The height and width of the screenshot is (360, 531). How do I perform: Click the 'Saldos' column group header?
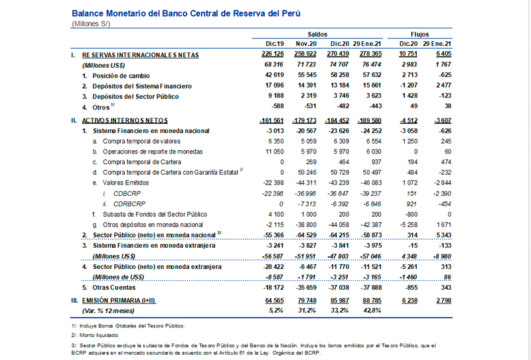point(317,35)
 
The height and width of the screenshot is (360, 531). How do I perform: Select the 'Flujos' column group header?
point(419,35)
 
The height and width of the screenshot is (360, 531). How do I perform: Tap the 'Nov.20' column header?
point(306,44)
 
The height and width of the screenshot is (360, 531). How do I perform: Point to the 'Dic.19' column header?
point(275,44)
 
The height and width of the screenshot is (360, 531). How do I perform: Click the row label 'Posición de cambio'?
point(121,76)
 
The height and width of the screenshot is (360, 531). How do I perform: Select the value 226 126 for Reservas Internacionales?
point(273,54)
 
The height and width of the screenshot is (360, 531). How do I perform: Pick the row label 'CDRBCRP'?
point(129,204)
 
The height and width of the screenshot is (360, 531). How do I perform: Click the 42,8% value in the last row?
point(372,310)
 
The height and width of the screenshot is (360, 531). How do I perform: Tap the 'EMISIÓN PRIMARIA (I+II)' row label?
point(119,300)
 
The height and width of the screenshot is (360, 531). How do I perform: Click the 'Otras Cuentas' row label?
point(114,288)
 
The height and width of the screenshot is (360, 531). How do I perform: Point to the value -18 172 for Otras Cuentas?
point(273,288)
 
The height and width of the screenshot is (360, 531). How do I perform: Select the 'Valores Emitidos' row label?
point(125,183)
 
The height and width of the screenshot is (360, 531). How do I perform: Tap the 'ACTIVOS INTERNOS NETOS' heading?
point(125,120)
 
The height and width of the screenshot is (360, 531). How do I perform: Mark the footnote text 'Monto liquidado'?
point(99,335)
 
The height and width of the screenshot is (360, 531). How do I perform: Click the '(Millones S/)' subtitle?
point(91,24)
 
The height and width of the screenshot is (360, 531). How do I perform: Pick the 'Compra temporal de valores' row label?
point(141,141)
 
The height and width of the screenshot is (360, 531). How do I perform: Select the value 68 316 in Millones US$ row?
point(274,64)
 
